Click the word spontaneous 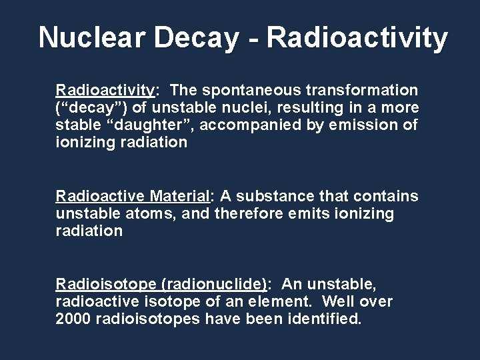click(x=254, y=90)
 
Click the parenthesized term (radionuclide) click(x=213, y=285)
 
